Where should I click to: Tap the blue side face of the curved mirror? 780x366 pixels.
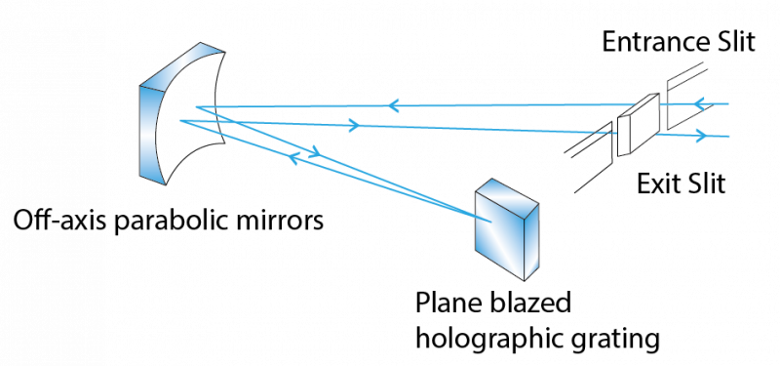[x=150, y=132]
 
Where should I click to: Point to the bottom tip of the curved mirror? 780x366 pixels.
[x=163, y=183]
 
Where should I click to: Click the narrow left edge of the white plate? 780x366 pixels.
[x=623, y=137]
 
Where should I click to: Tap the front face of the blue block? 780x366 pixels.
[x=499, y=229]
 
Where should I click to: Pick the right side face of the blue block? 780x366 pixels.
[x=531, y=244]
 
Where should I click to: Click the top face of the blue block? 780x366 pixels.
[x=507, y=192]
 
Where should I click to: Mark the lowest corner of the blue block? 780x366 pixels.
[x=525, y=280]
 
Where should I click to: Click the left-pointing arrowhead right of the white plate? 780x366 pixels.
[x=698, y=103]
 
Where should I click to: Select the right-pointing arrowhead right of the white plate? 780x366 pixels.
[x=700, y=136]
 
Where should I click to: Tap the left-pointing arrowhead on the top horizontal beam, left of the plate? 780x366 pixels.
[x=393, y=105]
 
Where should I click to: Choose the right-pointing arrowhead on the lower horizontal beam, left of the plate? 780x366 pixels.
[x=354, y=126]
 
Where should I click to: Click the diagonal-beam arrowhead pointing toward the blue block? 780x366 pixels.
[x=314, y=151]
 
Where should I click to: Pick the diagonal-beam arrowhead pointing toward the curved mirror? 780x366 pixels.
[x=292, y=157]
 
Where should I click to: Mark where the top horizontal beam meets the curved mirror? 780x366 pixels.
[x=195, y=106]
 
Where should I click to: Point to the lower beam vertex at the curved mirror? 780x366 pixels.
[x=179, y=121]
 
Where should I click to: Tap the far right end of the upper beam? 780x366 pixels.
[x=728, y=102]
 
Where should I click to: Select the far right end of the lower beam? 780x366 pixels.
[x=728, y=137]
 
